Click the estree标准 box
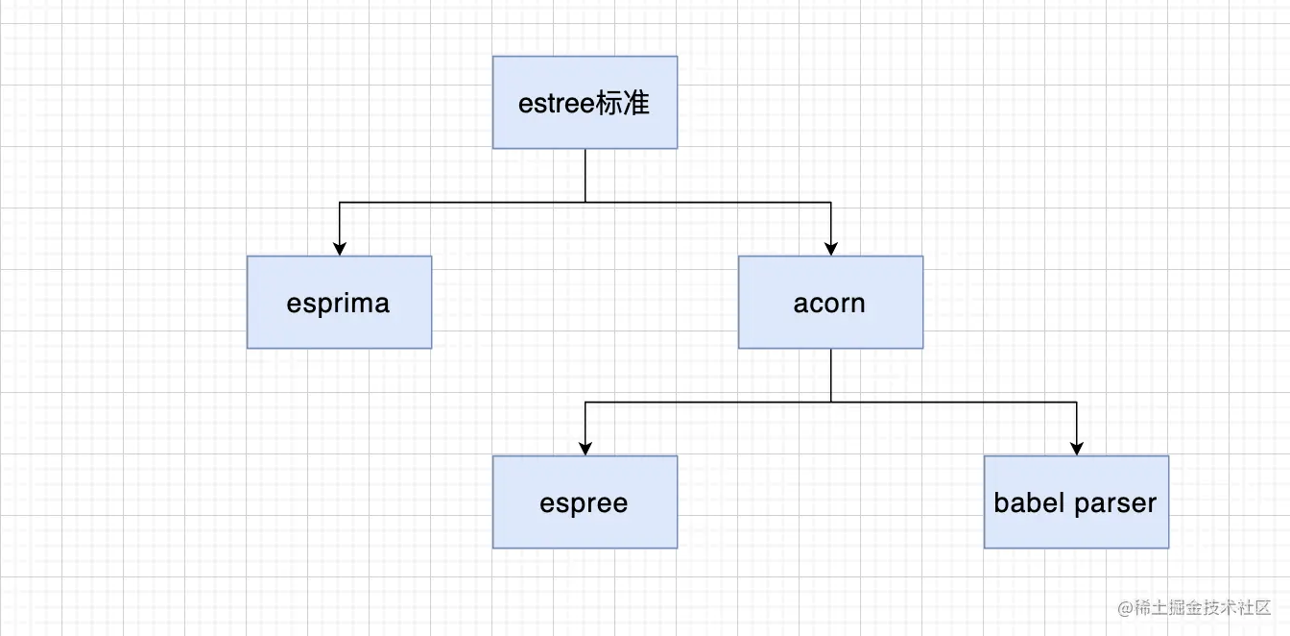pos(585,102)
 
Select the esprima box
pos(339,302)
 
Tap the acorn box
pos(830,302)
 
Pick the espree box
pos(585,501)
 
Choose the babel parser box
pos(1076,501)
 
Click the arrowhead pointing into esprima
pos(339,249)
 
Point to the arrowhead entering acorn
pos(830,249)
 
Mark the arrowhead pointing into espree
pos(585,449)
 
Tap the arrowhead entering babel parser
pos(1076,449)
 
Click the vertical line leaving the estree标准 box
pos(585,175)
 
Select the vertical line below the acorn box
pos(830,375)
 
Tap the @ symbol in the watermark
pos(1125,608)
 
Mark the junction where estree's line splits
pos(585,202)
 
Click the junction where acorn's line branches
pos(830,402)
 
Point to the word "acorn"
pos(830,304)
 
